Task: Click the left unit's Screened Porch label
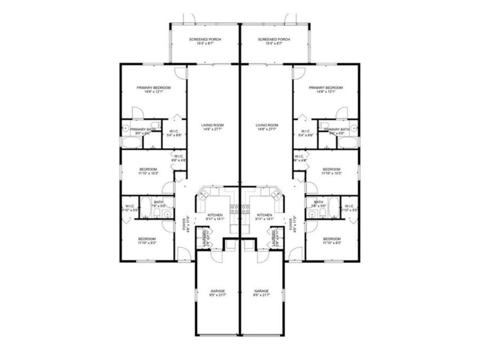click(x=205, y=39)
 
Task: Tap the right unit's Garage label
click(x=262, y=291)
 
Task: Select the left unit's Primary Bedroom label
click(x=153, y=88)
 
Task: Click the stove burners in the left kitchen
click(x=235, y=209)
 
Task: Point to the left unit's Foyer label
click(x=184, y=225)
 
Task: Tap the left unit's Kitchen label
click(x=215, y=215)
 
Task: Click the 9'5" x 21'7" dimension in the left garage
click(x=218, y=295)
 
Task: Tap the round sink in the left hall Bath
click(x=168, y=215)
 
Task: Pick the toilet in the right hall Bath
click(x=322, y=214)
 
